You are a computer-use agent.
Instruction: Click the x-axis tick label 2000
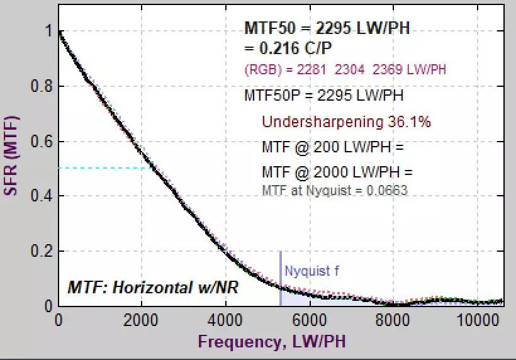pos(142,319)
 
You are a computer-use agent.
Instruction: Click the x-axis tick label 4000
pos(225,319)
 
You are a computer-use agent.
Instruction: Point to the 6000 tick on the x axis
pos(308,319)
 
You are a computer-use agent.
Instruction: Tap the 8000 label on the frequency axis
pos(392,319)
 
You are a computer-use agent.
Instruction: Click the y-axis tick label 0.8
pos(42,86)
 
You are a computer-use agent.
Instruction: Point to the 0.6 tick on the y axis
pos(42,142)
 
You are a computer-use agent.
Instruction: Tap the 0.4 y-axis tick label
pos(42,196)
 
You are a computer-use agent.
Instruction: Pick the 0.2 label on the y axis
pos(42,251)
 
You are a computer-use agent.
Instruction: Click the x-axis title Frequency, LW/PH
pos(271,342)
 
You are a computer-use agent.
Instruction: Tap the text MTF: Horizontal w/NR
pos(153,288)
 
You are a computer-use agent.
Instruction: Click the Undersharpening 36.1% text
pos(346,121)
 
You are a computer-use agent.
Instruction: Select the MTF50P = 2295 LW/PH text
pos(324,96)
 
